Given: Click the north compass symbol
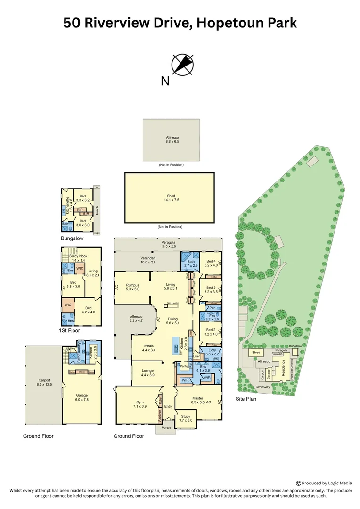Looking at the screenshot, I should (182, 65).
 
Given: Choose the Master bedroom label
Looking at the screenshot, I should (198, 400).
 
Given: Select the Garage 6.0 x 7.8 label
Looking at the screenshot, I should (82, 397).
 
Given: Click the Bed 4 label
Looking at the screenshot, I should (211, 263).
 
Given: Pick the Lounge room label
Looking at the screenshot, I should (148, 373).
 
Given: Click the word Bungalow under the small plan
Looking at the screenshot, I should (72, 239).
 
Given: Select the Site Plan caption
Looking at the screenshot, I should (246, 399).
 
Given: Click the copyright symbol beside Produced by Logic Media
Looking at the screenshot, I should (299, 483).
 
